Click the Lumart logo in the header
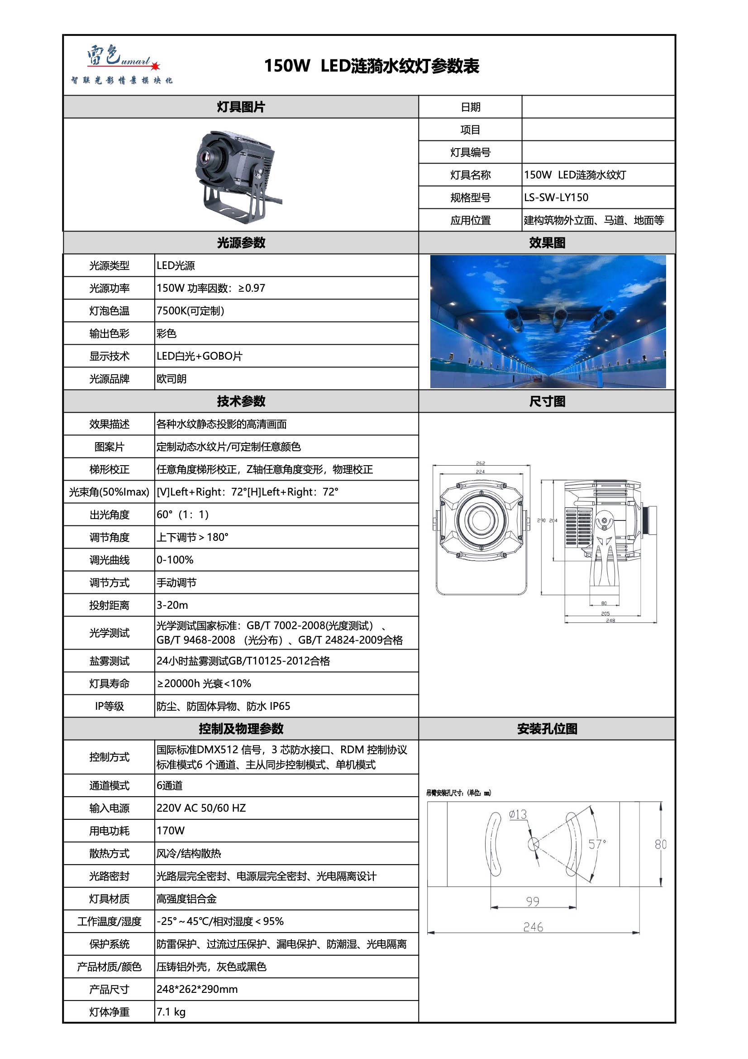coord(122,64)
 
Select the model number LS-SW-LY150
coord(556,197)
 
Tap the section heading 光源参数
coord(241,243)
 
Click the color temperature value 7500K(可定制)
coord(190,310)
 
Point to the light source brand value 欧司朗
coord(172,379)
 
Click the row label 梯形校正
coord(109,469)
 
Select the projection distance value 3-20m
coord(172,605)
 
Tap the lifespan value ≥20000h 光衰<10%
coord(204,683)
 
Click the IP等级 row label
coord(109,706)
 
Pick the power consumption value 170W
coord(171,830)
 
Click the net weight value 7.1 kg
coord(171,1011)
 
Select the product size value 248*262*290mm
coord(197,989)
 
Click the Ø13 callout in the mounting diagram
coord(518,814)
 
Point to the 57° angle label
coord(597,844)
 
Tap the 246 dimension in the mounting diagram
coord(533,927)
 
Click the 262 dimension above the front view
coord(480,463)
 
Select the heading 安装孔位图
coord(547,729)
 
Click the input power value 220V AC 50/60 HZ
coord(201,808)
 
